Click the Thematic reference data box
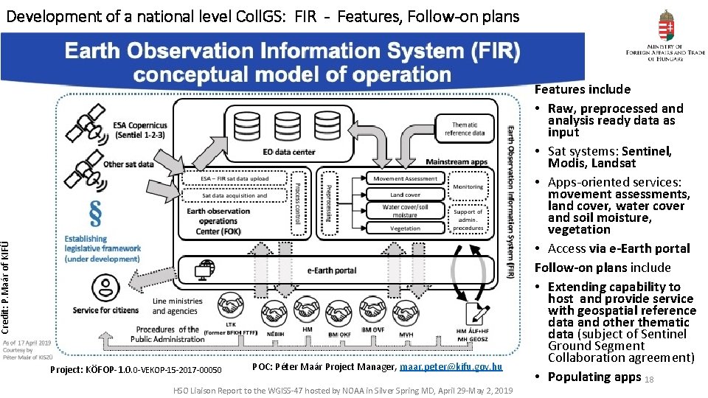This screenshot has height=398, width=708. [x=465, y=129]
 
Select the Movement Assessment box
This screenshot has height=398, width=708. [x=405, y=178]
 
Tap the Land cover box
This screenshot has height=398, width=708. [x=405, y=195]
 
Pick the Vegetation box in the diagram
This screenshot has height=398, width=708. [x=405, y=228]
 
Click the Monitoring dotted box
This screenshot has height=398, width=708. [x=468, y=187]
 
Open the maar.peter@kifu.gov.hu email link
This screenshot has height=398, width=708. [x=451, y=366]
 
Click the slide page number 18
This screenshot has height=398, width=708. [x=649, y=380]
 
